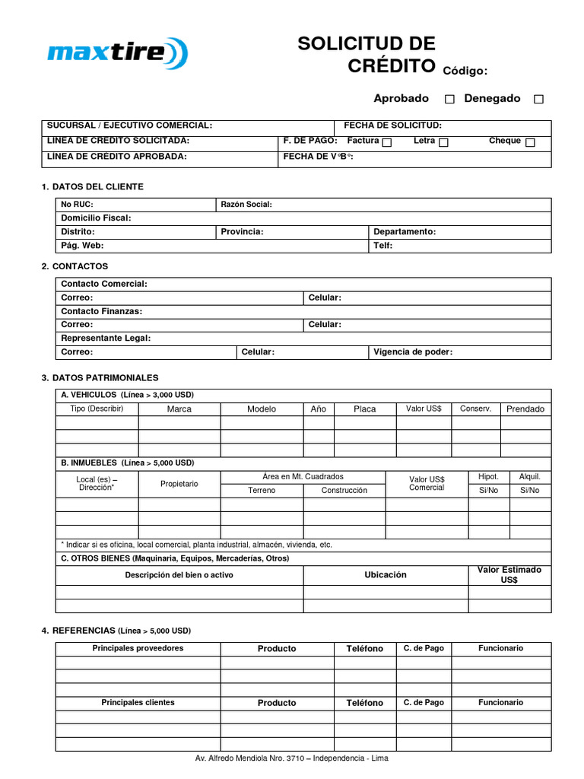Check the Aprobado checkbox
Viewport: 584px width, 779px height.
tap(449, 99)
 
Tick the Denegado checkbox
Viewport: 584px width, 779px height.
tap(538, 99)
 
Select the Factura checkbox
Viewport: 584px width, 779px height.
tap(387, 142)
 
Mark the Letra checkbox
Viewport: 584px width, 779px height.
tap(443, 142)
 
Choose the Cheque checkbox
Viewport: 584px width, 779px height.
tap(530, 142)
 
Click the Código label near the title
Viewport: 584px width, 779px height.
tap(464, 71)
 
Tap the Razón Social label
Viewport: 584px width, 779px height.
tap(246, 205)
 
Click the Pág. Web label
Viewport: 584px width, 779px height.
tap(82, 246)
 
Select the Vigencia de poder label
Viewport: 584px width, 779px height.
tap(412, 352)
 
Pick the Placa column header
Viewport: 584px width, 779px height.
tap(364, 409)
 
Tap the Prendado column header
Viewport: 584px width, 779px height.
tap(525, 409)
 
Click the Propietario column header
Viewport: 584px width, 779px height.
tap(179, 484)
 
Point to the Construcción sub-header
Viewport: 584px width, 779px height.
tap(344, 491)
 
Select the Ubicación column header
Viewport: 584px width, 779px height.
tap(386, 575)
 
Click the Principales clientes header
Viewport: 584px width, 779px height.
tap(138, 703)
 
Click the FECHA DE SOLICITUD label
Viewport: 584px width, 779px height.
tap(392, 126)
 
